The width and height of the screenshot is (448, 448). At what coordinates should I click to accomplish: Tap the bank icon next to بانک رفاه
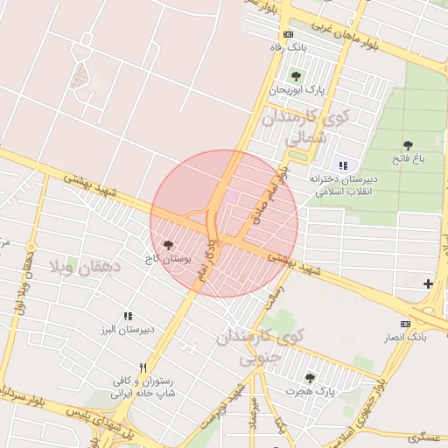click(x=290, y=35)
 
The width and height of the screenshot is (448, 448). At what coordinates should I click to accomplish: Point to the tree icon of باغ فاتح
click(x=408, y=145)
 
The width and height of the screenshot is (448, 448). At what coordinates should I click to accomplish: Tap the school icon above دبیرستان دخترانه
click(x=342, y=164)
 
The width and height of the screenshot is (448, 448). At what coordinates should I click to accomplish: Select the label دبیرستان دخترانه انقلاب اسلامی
click(x=340, y=185)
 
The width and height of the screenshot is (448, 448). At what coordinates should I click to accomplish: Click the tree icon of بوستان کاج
click(x=168, y=246)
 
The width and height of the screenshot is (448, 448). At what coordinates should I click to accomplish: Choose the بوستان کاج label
click(x=166, y=260)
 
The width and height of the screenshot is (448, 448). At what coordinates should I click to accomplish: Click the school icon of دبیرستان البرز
click(x=128, y=316)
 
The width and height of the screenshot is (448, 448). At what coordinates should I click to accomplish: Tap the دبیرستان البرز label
click(x=129, y=330)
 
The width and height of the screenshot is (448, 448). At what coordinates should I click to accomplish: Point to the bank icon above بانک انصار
click(x=404, y=324)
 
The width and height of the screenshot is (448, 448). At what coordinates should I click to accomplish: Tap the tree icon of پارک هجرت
click(x=310, y=377)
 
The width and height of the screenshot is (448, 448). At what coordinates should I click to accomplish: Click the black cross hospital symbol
click(x=428, y=283)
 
